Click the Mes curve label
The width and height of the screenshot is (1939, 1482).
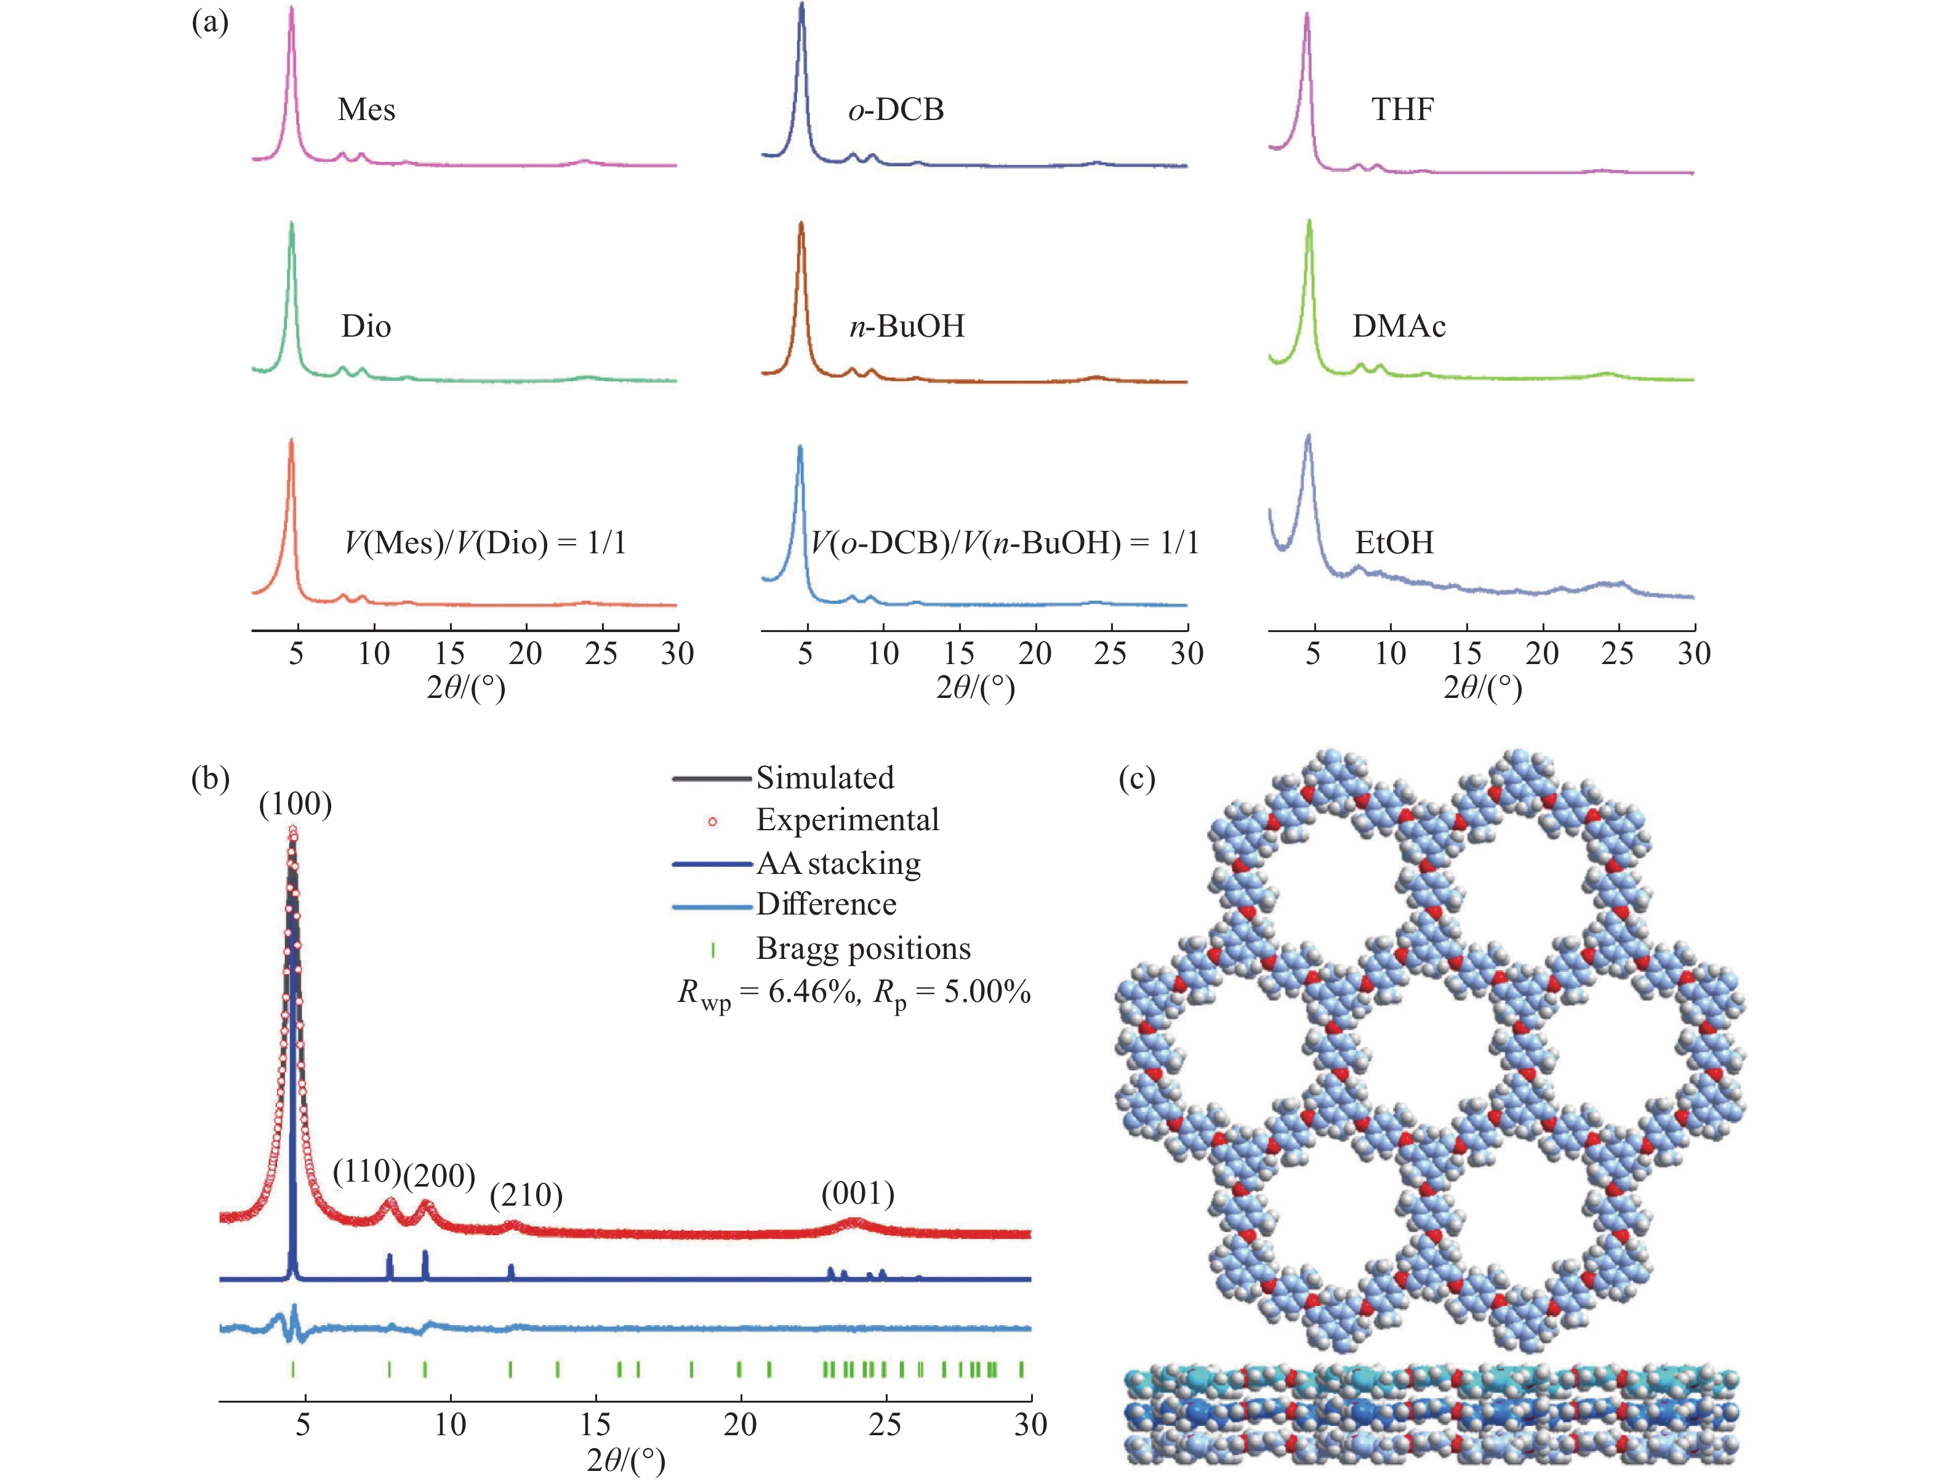(366, 110)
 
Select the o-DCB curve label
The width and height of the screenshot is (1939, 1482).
(896, 110)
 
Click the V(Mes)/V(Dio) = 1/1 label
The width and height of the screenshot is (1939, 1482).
(485, 543)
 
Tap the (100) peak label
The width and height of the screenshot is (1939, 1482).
(295, 804)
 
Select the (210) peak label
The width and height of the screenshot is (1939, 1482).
(527, 1195)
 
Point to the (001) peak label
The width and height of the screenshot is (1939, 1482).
(857, 1193)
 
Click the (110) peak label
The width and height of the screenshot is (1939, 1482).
(367, 1171)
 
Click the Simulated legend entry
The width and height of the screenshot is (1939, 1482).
(825, 778)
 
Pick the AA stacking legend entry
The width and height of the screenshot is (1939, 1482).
(838, 863)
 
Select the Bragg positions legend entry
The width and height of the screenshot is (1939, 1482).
(863, 949)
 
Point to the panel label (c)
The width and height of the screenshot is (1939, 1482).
(1136, 780)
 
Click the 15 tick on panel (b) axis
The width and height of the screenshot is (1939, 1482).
(595, 1424)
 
